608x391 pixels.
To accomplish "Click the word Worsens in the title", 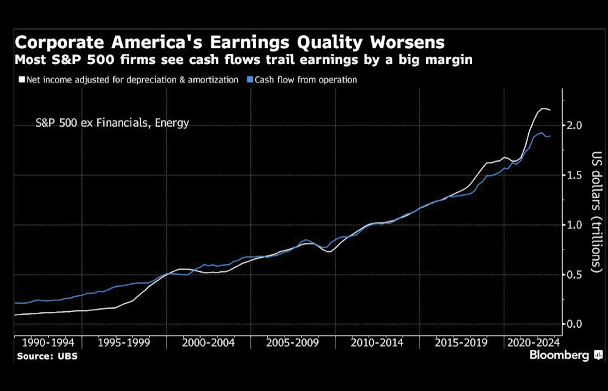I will [x=407, y=42].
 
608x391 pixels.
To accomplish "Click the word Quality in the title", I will [x=330, y=43].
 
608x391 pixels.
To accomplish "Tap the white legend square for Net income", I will [x=22, y=79].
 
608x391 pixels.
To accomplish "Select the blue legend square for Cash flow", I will [x=250, y=79].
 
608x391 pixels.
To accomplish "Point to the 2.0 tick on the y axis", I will [x=574, y=125].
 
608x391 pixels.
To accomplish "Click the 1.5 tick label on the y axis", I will [x=574, y=175].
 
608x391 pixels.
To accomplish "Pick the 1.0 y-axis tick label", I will [x=574, y=225].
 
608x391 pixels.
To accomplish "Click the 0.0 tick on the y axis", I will [x=574, y=324].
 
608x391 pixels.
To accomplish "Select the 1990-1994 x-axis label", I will [x=48, y=343].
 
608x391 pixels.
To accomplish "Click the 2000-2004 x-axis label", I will [x=208, y=343].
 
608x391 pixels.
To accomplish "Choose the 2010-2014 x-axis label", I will [x=377, y=343].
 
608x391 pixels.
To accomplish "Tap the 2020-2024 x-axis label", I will [x=533, y=343].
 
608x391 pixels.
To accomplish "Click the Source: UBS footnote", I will [x=47, y=356].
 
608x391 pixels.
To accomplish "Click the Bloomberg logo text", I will [x=559, y=355].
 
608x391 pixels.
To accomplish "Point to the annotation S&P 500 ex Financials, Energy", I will [x=112, y=123].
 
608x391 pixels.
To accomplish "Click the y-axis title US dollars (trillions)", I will [x=597, y=212].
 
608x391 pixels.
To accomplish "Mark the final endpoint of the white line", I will [x=550, y=110].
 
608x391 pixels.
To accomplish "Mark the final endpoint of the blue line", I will [x=550, y=136].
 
